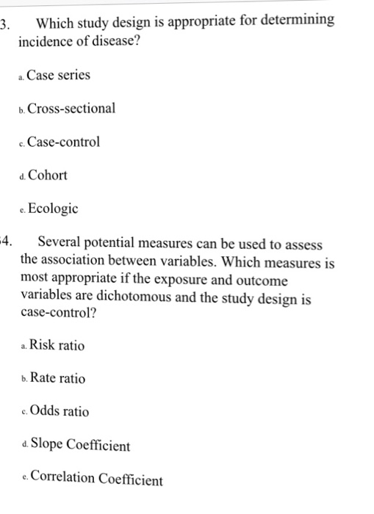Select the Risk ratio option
pyautogui.click(x=56, y=345)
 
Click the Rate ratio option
pyautogui.click(x=57, y=379)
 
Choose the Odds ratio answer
pyautogui.click(x=57, y=412)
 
